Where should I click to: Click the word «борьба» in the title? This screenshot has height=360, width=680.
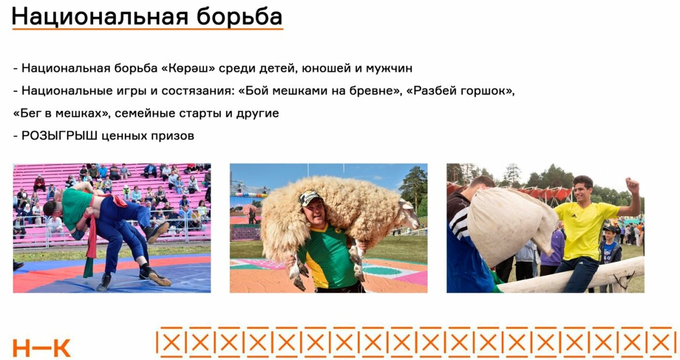(239, 16)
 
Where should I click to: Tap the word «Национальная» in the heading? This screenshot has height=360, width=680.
(100, 17)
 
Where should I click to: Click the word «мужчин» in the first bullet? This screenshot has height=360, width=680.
(389, 69)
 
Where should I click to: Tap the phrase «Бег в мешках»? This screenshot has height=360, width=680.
(60, 113)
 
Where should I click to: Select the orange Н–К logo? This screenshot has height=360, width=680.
(41, 348)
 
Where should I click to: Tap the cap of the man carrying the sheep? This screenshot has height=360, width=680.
(310, 198)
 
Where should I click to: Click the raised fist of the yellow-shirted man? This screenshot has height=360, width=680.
(633, 185)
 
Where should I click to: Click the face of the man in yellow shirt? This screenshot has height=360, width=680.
(583, 190)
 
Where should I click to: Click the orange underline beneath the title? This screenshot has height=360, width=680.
(148, 29)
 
